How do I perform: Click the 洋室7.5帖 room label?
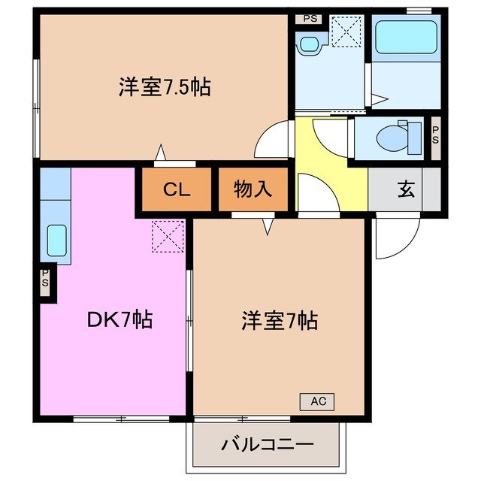tap(163, 87)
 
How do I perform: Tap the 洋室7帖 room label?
tap(279, 322)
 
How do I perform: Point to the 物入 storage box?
tap(253, 189)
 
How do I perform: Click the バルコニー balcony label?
tap(267, 445)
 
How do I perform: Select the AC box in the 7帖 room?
tap(317, 401)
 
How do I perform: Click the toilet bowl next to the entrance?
tap(392, 138)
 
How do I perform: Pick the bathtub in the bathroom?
tap(406, 37)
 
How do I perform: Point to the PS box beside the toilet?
tap(435, 138)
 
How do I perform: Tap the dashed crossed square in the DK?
tap(168, 234)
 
